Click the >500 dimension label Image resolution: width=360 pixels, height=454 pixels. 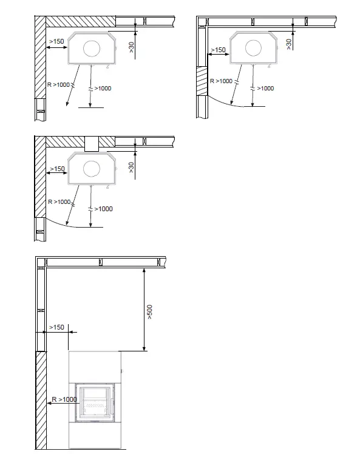pyautogui.click(x=150, y=311)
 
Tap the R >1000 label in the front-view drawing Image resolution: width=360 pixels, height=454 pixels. pyautogui.click(x=63, y=399)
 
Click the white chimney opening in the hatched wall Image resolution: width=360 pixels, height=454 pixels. pyautogui.click(x=92, y=143)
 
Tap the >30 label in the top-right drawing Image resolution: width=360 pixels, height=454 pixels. pyautogui.click(x=288, y=42)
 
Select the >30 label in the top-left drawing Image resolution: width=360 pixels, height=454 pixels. pyautogui.click(x=132, y=48)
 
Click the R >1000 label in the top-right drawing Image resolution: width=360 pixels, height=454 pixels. pyautogui.click(x=220, y=81)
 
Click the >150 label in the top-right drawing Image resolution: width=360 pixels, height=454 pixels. pyautogui.click(x=217, y=50)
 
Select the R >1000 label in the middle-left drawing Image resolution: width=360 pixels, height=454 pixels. pyautogui.click(x=59, y=202)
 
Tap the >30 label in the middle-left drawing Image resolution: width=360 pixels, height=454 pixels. pyautogui.click(x=132, y=167)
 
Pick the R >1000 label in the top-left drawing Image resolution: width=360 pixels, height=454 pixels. pyautogui.click(x=59, y=84)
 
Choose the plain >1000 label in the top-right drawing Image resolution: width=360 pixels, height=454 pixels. pyautogui.click(x=265, y=89)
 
